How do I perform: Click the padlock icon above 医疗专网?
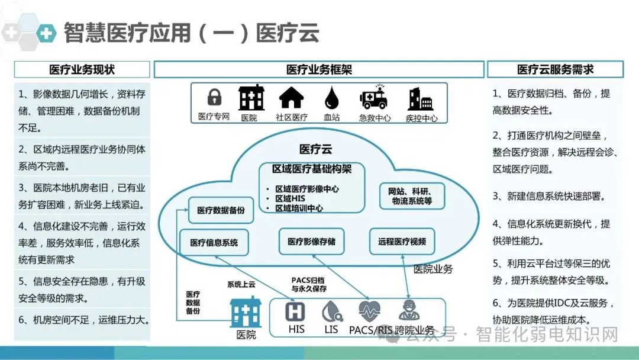214,98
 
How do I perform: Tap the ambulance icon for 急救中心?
374,98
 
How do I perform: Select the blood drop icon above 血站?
331,98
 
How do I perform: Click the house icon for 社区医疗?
291,98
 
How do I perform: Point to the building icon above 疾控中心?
421,98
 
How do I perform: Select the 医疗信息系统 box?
214,242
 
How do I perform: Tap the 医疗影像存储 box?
311,241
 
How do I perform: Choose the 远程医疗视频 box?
402,241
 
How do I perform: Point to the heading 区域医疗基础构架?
312,169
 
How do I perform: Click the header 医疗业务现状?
82,69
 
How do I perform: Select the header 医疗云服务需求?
555,69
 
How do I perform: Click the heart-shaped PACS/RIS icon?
370,311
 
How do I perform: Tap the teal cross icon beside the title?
46,33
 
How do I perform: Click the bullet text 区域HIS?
290,199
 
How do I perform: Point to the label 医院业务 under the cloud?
433,269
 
